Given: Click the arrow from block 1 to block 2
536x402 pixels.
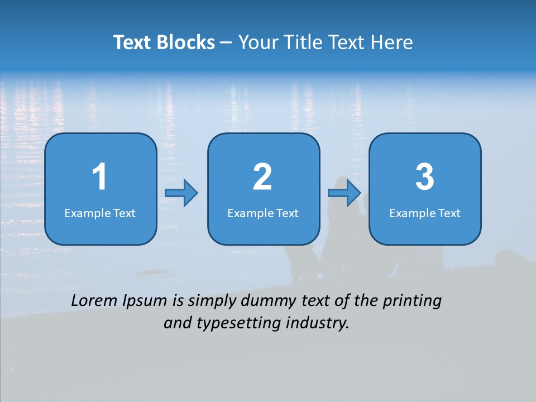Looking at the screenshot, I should point(182,193).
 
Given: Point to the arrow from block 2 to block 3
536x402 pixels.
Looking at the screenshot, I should point(344,193).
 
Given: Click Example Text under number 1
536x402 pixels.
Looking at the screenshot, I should point(100,213).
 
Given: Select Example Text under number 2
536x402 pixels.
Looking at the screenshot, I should point(263,213).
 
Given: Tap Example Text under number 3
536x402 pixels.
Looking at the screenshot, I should point(425,213).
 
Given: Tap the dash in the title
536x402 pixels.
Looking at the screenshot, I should point(226,42).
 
